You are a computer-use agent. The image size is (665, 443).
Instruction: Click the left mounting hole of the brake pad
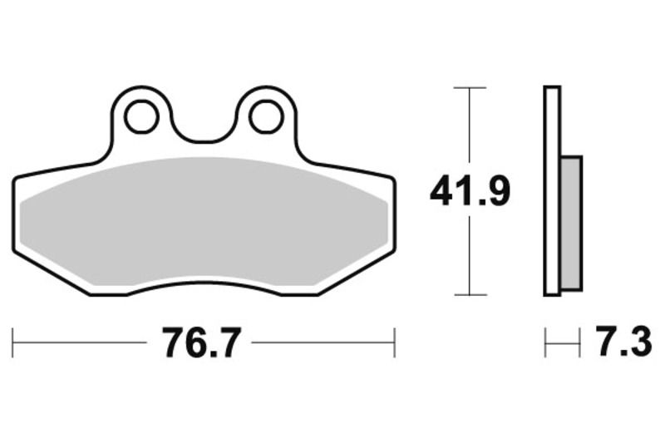click(x=142, y=116)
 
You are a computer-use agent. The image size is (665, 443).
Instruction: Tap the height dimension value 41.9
click(x=470, y=192)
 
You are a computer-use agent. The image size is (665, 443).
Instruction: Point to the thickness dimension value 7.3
click(x=623, y=342)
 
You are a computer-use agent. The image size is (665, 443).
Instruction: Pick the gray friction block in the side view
click(x=572, y=222)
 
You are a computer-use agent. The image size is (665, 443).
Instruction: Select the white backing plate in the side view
click(x=552, y=191)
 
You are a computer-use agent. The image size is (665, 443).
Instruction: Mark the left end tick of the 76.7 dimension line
click(x=13, y=342)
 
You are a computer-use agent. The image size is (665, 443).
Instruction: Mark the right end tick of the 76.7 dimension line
click(x=394, y=342)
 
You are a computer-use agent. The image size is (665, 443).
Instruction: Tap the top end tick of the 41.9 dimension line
click(x=470, y=87)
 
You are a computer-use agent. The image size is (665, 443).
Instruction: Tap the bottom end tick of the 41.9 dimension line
click(x=470, y=294)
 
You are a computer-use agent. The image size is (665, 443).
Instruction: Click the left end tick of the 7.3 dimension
click(x=545, y=342)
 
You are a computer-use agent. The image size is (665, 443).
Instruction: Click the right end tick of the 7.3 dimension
click(x=580, y=342)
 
